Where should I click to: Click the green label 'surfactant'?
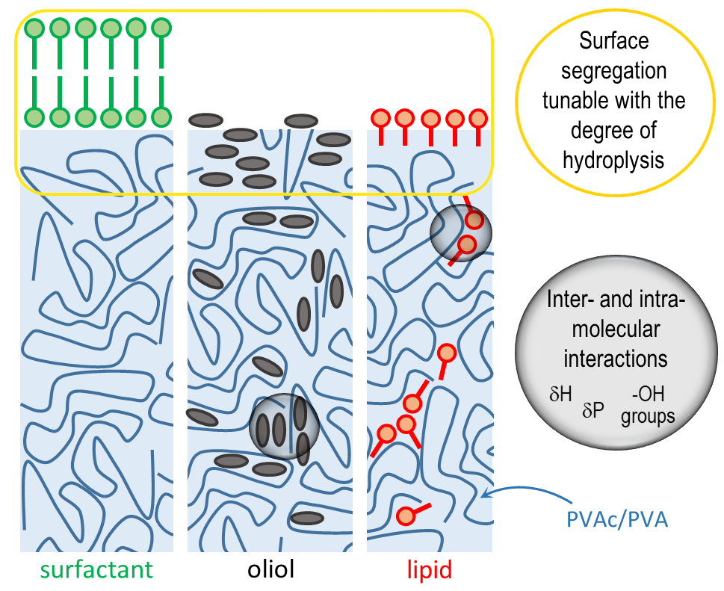[x=96, y=571]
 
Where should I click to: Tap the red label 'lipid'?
[x=429, y=571]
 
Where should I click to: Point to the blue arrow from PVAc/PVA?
[x=516, y=486]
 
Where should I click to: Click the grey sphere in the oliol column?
[x=284, y=427]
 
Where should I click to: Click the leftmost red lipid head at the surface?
[x=381, y=118]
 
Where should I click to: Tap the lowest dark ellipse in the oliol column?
[x=306, y=518]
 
